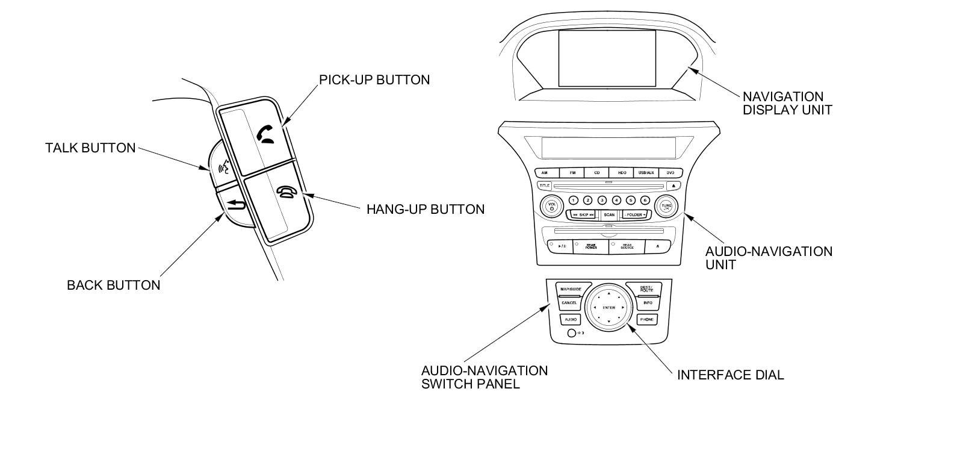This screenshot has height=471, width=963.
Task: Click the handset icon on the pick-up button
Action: (x=265, y=134)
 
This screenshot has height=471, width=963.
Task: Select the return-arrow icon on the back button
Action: (x=237, y=207)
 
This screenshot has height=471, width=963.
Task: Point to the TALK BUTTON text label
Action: (x=90, y=148)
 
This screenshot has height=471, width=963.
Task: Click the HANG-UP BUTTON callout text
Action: (x=426, y=210)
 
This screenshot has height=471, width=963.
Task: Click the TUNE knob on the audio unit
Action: (x=666, y=207)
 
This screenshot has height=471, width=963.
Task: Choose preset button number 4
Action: (x=616, y=201)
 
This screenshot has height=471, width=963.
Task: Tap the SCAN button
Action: (x=609, y=215)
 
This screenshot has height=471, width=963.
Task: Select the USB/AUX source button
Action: (x=645, y=173)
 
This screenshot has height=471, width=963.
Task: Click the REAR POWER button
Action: (x=591, y=246)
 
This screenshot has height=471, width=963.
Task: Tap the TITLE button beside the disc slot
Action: (x=544, y=186)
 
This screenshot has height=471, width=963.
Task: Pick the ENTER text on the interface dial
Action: (x=608, y=308)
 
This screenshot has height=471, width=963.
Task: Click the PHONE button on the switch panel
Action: (x=646, y=319)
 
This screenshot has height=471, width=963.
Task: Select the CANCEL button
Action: (x=569, y=303)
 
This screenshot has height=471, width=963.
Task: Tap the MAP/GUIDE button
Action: (x=571, y=289)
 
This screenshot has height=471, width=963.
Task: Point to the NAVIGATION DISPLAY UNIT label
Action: (x=787, y=103)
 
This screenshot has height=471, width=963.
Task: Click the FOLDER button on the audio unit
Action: (x=634, y=215)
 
